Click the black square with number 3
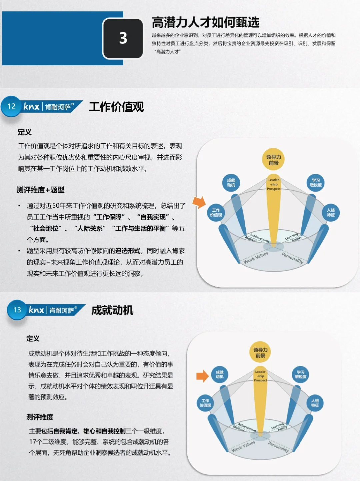[123, 38]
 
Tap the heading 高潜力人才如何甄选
[205, 22]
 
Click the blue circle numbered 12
[11, 106]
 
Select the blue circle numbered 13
[17, 310]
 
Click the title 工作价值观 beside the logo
[116, 107]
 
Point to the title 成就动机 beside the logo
[112, 310]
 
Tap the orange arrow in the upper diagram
[199, 202]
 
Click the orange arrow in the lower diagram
[202, 376]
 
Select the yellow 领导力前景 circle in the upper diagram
[273, 160]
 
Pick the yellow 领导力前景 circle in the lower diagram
[260, 353]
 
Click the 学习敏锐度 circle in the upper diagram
[315, 182]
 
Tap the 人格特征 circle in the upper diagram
[331, 212]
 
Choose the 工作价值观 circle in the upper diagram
[216, 212]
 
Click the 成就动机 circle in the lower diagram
[220, 374]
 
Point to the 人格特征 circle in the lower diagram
[315, 403]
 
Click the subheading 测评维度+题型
[40, 190]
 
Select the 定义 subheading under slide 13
[33, 339]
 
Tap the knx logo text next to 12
[32, 106]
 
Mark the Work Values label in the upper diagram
[256, 257]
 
